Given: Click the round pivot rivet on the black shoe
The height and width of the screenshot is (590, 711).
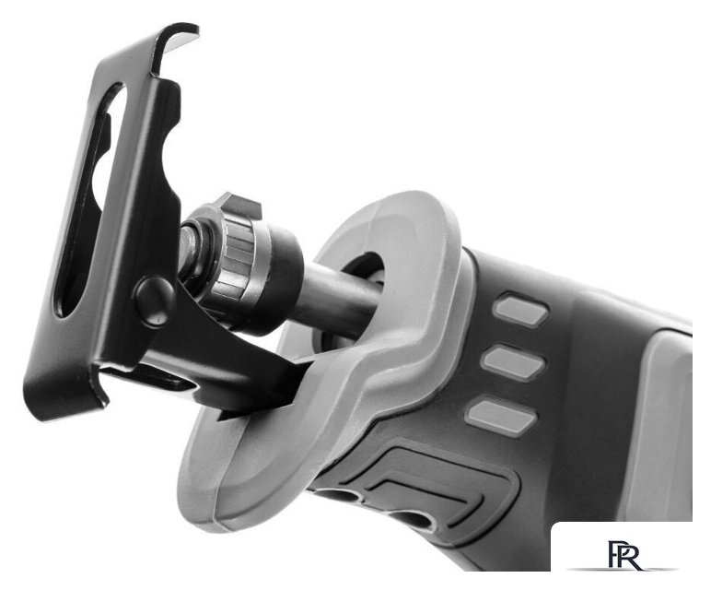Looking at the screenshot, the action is [154, 300].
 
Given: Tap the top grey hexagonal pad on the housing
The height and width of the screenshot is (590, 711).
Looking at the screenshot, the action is [520, 311].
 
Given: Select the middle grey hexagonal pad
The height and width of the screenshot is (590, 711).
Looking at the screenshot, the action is [513, 361].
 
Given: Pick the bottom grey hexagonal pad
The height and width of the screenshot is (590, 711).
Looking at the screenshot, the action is [502, 416].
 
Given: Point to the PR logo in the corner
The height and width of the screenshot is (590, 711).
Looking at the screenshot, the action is [624, 554].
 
